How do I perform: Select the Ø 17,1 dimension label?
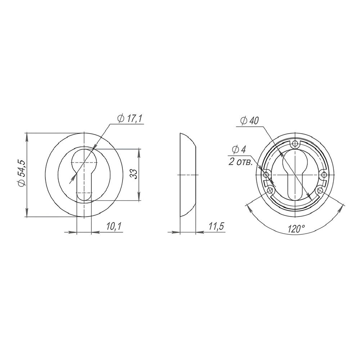[130, 119]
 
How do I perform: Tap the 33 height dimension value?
[134, 174]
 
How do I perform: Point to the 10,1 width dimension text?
[113, 227]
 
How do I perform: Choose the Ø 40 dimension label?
[249, 121]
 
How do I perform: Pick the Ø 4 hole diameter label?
[239, 150]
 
